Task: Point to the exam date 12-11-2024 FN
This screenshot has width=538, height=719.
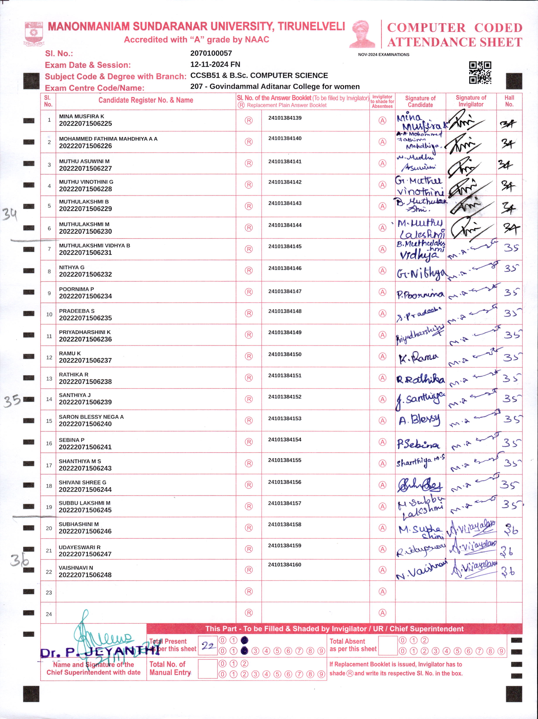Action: click(x=215, y=64)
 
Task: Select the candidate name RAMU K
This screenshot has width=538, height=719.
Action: click(x=70, y=353)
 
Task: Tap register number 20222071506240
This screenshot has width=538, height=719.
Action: click(x=85, y=424)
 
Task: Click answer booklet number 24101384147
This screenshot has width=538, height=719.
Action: click(x=285, y=291)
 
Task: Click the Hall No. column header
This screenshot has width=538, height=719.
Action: click(x=509, y=101)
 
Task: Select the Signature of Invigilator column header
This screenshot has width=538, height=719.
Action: click(x=471, y=101)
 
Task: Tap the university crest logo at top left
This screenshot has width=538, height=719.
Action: click(x=34, y=33)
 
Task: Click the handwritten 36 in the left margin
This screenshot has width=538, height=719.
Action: click(x=19, y=560)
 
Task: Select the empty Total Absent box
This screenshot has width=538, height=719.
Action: click(x=388, y=645)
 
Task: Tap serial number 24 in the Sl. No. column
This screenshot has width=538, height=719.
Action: click(x=49, y=614)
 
